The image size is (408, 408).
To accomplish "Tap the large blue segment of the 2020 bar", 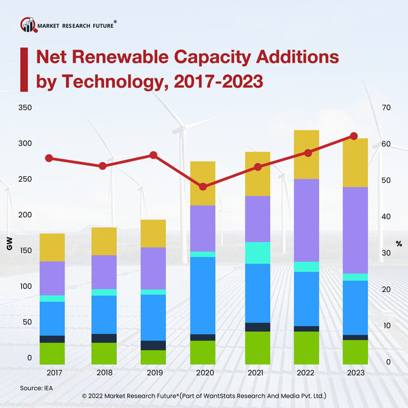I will (202, 295).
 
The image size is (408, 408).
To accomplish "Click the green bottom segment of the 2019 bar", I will (153, 357).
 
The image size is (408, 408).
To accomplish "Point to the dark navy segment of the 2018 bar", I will (104, 338).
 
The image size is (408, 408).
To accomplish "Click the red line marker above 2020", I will (202, 186).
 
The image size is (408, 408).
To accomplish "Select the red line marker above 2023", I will (354, 136).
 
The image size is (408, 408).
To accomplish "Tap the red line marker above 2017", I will (49, 158).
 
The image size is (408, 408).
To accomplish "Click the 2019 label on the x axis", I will (153, 373).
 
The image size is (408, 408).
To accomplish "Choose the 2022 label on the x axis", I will (305, 373).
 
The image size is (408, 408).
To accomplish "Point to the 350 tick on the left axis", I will (25, 108).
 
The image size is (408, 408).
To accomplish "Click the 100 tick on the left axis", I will (25, 286).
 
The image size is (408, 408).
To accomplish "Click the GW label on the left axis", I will (10, 245).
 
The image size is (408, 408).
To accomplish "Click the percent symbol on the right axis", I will (398, 243).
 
